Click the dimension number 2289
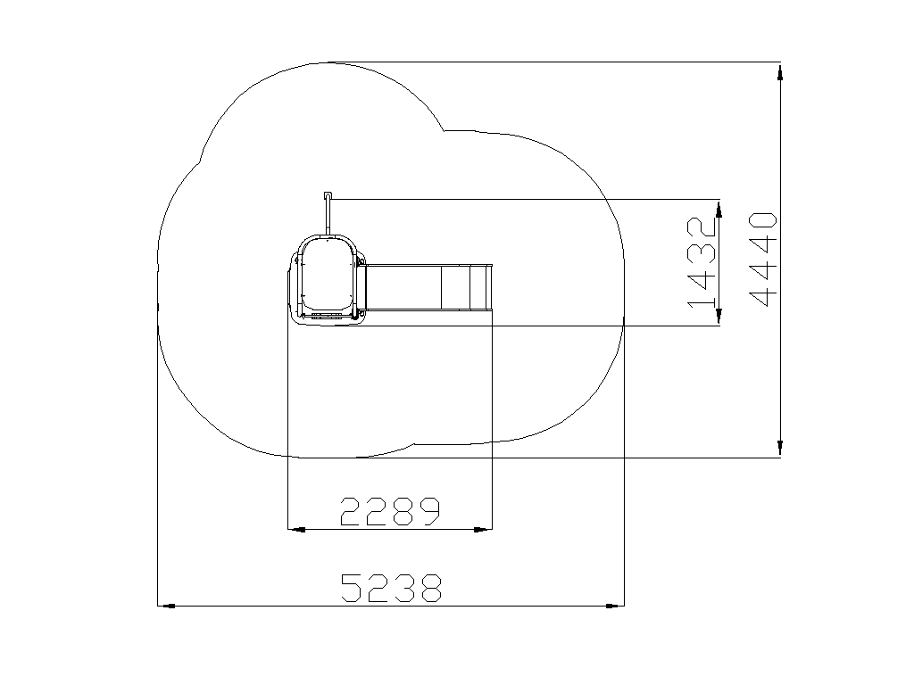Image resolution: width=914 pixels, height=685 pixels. click(391, 511)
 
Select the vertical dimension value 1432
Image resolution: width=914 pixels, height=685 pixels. click(702, 262)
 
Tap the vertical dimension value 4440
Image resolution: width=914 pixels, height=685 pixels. click(763, 260)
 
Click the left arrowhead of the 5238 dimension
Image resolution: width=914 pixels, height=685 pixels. click(166, 606)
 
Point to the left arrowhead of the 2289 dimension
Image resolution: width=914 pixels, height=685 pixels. click(296, 530)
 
